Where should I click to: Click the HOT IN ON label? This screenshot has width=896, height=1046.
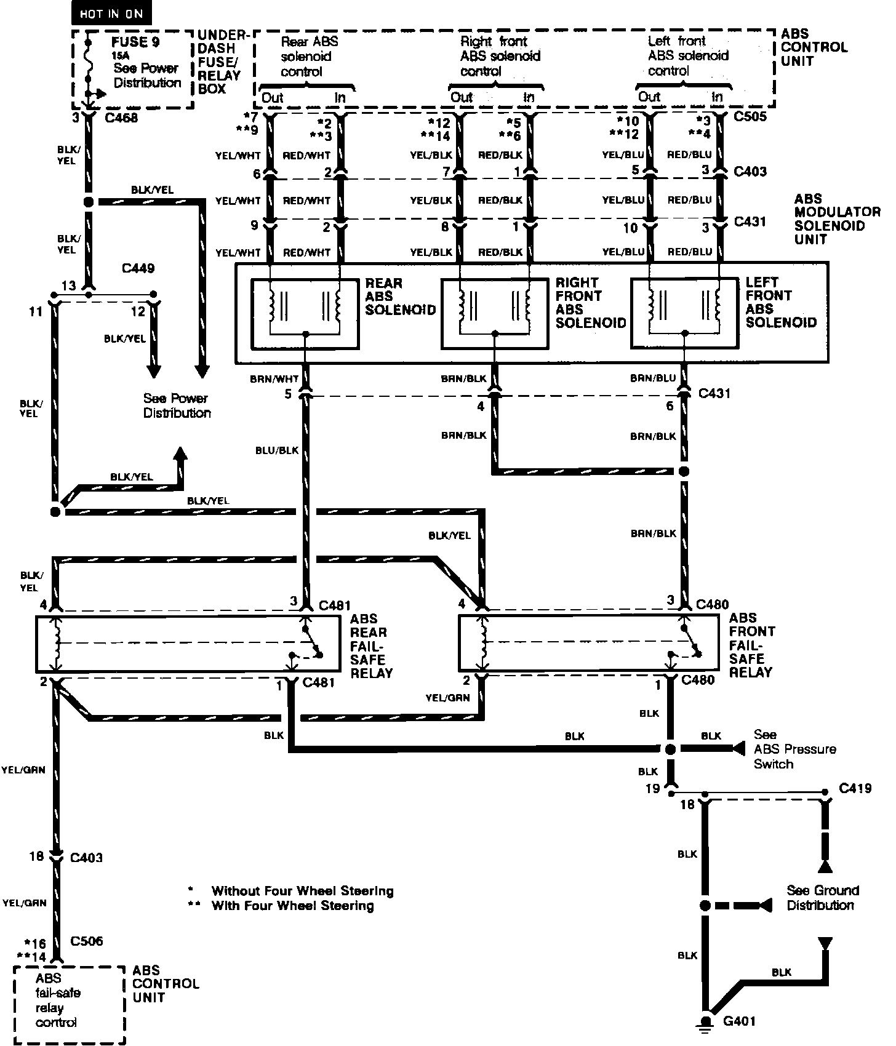tap(111, 14)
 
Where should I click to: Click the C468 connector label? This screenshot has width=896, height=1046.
tap(121, 118)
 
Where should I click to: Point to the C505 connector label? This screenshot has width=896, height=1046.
tap(750, 116)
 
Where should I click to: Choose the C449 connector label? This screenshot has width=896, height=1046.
tap(138, 268)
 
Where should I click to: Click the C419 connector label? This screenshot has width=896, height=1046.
tap(855, 788)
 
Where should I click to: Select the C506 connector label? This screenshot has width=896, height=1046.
tap(87, 941)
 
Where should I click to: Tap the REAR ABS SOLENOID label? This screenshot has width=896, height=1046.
tap(400, 297)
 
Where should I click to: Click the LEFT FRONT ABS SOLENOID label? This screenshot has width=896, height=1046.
tap(780, 302)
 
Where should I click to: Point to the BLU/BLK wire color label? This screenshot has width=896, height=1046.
tap(277, 450)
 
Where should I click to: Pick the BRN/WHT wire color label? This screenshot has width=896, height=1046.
tap(274, 379)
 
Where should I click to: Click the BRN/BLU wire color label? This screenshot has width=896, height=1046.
tap(653, 378)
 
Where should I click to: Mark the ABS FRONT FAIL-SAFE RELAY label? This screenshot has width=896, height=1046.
tap(751, 645)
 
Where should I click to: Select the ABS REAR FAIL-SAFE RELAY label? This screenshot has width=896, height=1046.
tap(371, 646)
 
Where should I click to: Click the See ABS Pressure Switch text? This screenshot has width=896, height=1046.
tap(794, 749)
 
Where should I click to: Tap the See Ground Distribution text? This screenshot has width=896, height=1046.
tap(822, 898)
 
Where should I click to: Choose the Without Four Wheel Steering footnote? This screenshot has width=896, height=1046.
tap(302, 891)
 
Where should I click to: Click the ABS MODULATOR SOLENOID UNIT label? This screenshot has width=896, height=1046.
tap(836, 218)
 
